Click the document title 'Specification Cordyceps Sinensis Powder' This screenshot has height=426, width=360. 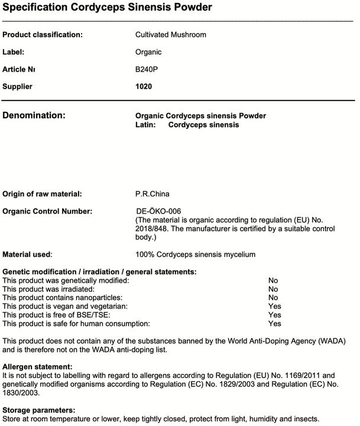click(107, 8)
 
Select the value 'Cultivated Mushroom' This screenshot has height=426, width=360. click(170, 35)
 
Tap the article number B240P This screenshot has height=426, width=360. click(147, 69)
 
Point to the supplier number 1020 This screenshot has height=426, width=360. click(144, 86)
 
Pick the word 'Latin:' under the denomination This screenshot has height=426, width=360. click(145, 125)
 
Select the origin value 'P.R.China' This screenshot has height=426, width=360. click(153, 194)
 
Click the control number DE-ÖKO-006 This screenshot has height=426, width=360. click(158, 211)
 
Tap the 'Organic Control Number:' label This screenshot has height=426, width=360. click(47, 211)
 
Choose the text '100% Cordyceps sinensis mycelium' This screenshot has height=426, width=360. click(195, 254)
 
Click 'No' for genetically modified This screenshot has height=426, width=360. click(273, 280)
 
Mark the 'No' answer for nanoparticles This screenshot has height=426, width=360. click(273, 298)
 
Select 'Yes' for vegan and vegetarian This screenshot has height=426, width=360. click(274, 306)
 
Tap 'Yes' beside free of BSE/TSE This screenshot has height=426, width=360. click(274, 315)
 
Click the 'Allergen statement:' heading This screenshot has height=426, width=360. click(37, 367)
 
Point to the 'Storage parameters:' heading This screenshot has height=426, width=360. click(38, 410)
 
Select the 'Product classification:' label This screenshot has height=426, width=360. click(43, 35)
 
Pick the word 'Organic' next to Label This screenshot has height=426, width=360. click(148, 52)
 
